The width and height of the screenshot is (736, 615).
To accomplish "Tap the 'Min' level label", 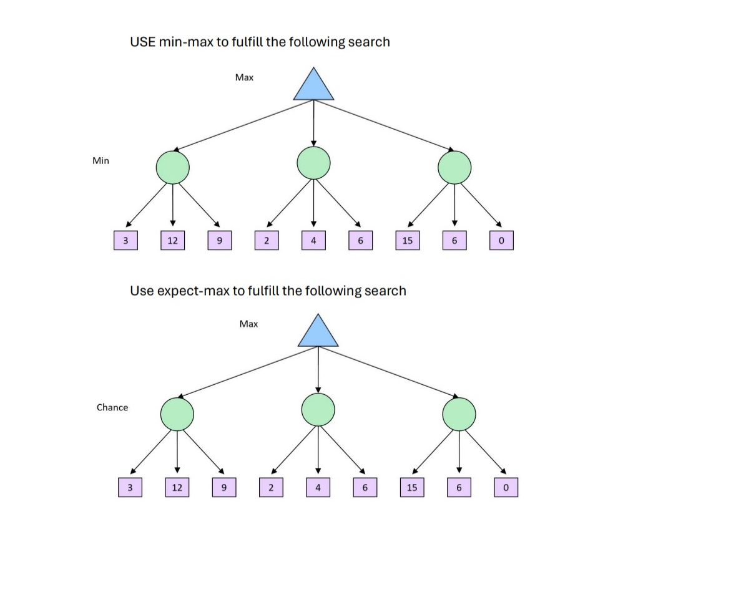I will click(x=101, y=161).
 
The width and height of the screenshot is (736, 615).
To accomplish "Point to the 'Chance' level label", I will click(x=112, y=407).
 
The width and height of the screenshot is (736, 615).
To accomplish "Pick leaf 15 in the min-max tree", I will click(x=407, y=240).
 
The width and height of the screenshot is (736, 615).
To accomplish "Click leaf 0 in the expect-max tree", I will click(x=506, y=487).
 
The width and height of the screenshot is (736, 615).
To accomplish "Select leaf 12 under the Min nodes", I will click(x=172, y=240).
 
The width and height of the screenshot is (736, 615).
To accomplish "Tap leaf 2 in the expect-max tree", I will click(x=271, y=487).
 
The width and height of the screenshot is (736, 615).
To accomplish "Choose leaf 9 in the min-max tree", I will click(x=219, y=240).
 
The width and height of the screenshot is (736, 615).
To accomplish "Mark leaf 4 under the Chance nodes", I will click(x=318, y=487).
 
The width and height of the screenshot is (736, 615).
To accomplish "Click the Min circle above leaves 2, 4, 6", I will click(x=313, y=163).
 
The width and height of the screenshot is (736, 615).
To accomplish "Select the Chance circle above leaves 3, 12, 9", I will click(x=177, y=414).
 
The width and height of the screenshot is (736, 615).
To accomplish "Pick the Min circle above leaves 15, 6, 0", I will click(x=454, y=168).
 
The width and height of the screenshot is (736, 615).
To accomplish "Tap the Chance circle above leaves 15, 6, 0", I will click(x=459, y=414).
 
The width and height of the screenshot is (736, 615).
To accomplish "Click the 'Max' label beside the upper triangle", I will click(x=244, y=77).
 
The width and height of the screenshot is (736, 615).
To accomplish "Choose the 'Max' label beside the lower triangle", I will click(x=248, y=324).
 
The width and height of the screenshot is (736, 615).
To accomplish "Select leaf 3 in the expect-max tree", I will click(x=130, y=487).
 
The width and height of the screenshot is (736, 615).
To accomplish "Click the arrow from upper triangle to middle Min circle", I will click(x=313, y=123).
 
